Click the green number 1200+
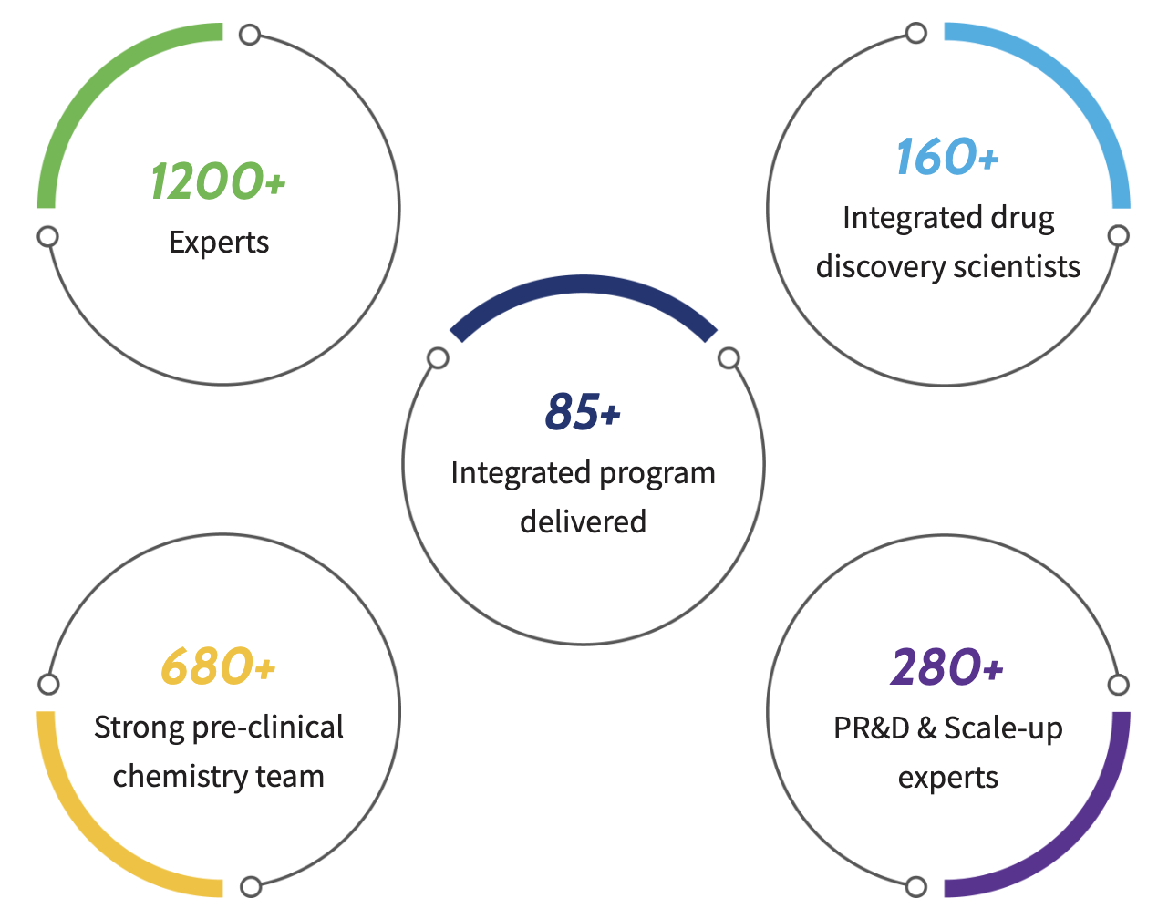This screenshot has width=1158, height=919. tap(218, 181)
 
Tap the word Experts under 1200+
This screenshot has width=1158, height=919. tap(219, 243)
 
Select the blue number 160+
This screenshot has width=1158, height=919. tap(947, 157)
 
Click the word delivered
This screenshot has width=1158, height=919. tap(583, 522)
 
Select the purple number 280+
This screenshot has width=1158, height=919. tap(947, 667)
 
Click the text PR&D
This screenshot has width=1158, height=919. tap(872, 728)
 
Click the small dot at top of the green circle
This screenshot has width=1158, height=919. tap(250, 35)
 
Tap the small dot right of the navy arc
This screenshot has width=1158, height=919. tap(729, 358)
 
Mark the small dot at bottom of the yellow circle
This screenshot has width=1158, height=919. tap(251, 886)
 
